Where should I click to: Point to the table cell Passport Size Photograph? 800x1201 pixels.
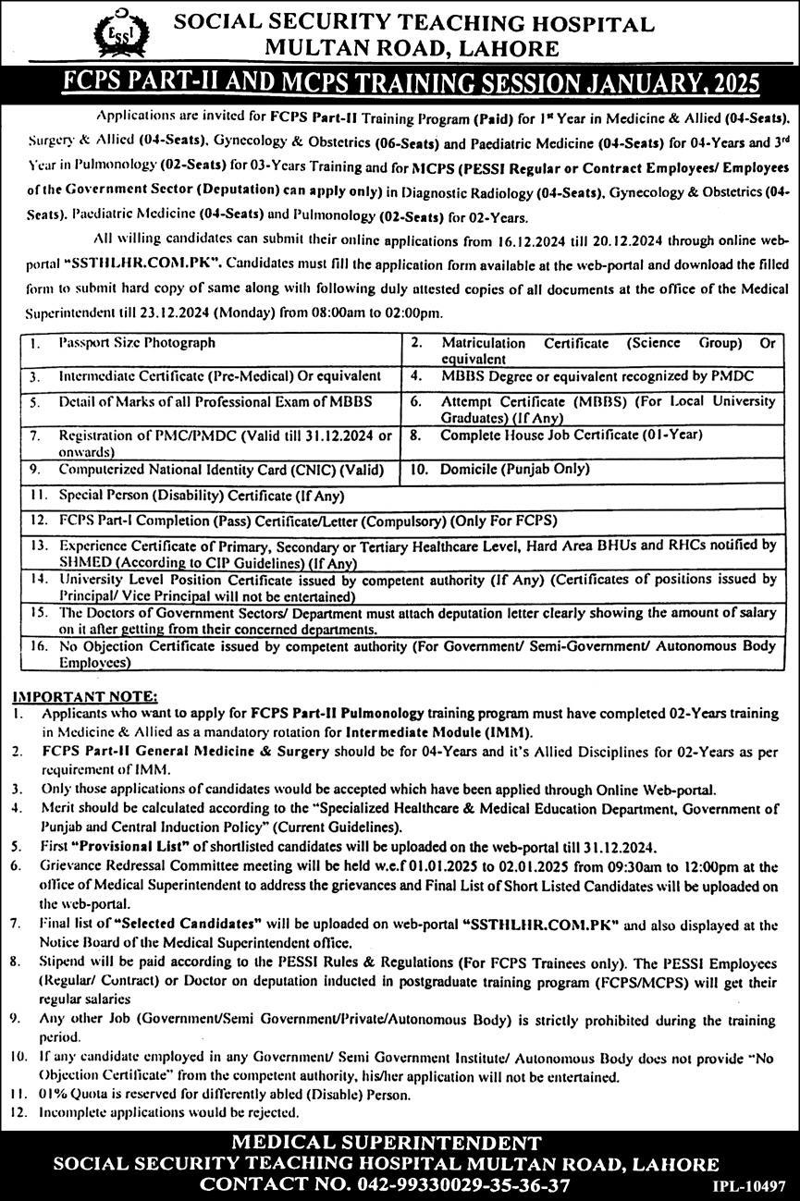[137, 343]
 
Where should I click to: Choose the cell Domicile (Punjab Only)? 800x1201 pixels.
[514, 469]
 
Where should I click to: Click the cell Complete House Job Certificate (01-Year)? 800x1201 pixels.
[571, 434]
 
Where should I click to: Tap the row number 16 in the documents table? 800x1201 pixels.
[38, 649]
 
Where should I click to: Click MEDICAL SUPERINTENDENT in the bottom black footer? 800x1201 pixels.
[386, 1142]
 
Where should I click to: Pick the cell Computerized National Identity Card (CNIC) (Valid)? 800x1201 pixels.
[221, 469]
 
